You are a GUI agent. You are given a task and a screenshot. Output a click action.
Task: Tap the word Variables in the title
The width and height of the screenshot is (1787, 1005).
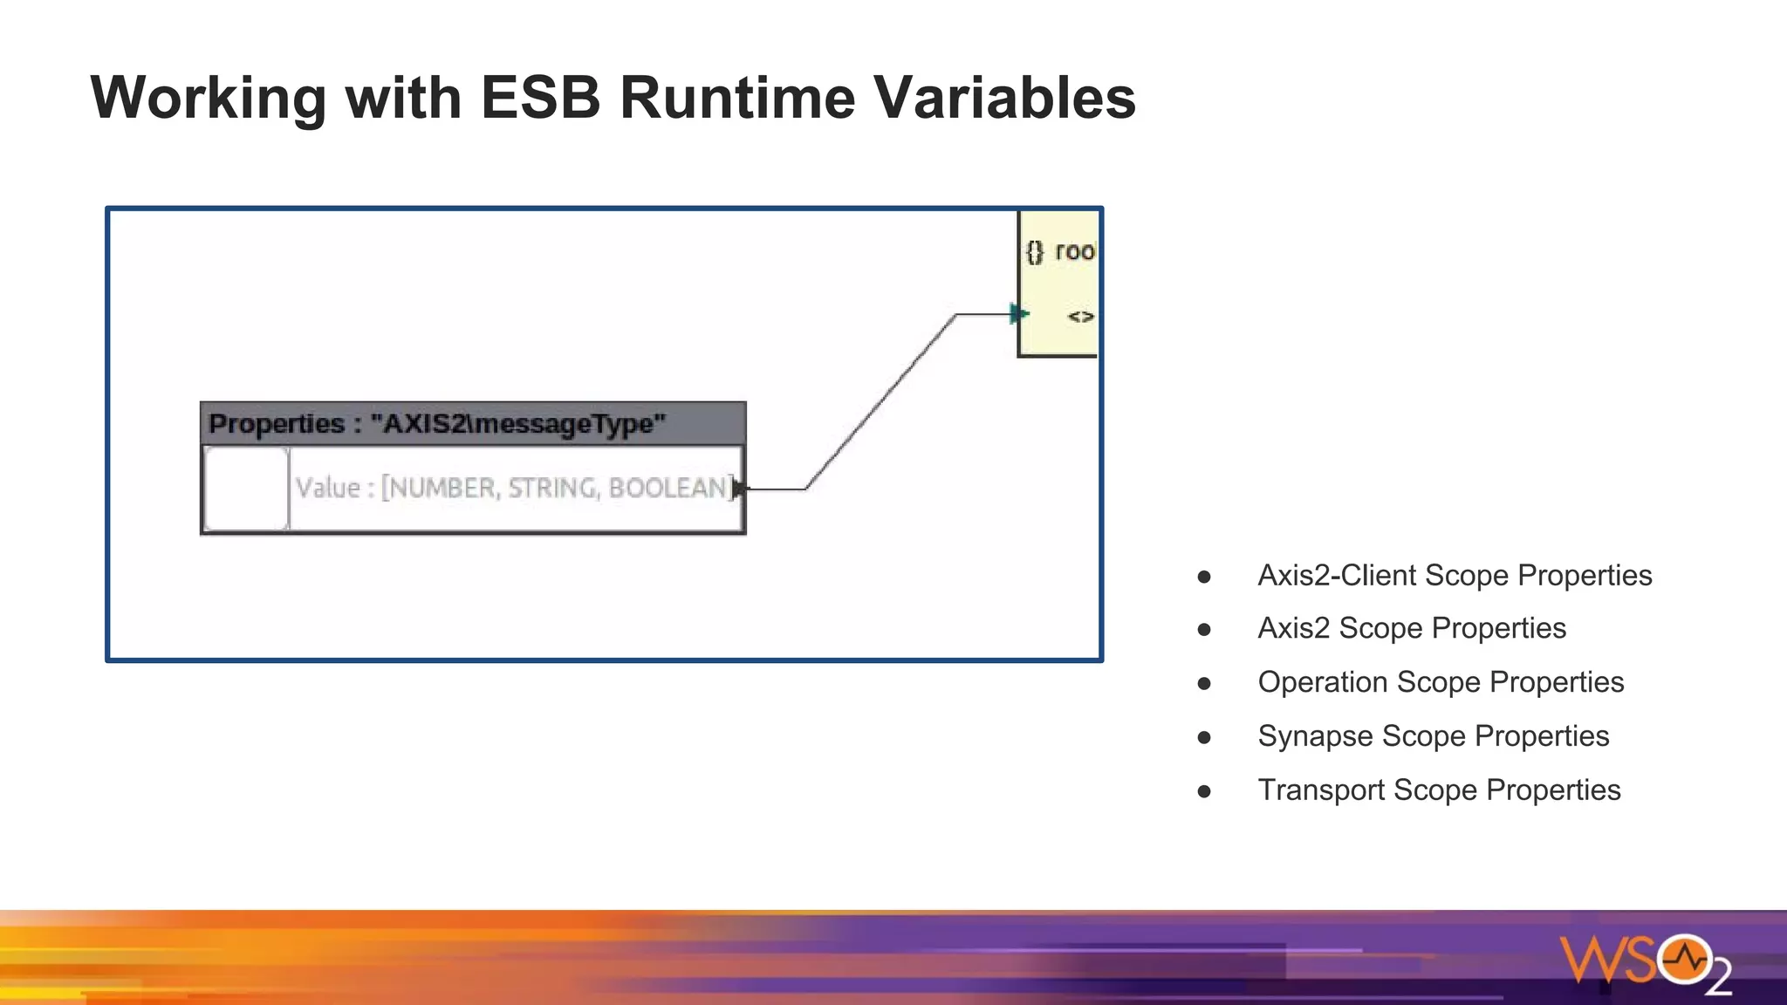point(1003,97)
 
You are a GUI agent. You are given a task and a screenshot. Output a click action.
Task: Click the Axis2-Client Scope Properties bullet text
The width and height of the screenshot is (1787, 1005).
point(1454,576)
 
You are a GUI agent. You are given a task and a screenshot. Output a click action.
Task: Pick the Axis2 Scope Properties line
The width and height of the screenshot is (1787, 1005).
point(1411,628)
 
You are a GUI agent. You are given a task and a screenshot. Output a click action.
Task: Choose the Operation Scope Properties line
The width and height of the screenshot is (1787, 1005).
point(1440,682)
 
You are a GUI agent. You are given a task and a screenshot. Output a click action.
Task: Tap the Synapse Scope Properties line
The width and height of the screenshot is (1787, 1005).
point(1433,736)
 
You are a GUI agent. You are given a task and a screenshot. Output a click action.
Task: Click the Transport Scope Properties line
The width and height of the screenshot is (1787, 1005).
point(1438,790)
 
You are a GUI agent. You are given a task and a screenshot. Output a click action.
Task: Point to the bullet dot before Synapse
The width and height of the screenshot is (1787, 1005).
point(1204,737)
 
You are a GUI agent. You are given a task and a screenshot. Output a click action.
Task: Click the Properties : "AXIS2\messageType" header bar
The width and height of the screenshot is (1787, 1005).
point(472,424)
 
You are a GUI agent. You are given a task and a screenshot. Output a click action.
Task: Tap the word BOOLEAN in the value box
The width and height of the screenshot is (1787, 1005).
point(667,488)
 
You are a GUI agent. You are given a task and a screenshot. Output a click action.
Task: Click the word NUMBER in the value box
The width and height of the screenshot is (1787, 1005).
point(441,488)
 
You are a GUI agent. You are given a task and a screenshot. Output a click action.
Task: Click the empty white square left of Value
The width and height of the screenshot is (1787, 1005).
point(246,488)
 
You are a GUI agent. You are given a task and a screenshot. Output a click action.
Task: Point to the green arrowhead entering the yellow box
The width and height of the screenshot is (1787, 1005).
point(1018,313)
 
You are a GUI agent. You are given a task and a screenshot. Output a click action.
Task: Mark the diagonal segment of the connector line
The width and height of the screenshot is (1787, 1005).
point(880,402)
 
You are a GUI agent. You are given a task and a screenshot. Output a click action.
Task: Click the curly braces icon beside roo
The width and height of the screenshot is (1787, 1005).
point(1034,252)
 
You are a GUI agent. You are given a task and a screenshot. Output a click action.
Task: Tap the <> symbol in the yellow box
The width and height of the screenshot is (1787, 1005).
point(1080,317)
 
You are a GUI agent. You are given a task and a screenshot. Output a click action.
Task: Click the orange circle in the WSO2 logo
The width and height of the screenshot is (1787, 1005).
point(1684,961)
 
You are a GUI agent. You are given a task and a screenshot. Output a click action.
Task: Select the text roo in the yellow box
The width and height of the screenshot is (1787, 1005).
point(1074,251)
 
